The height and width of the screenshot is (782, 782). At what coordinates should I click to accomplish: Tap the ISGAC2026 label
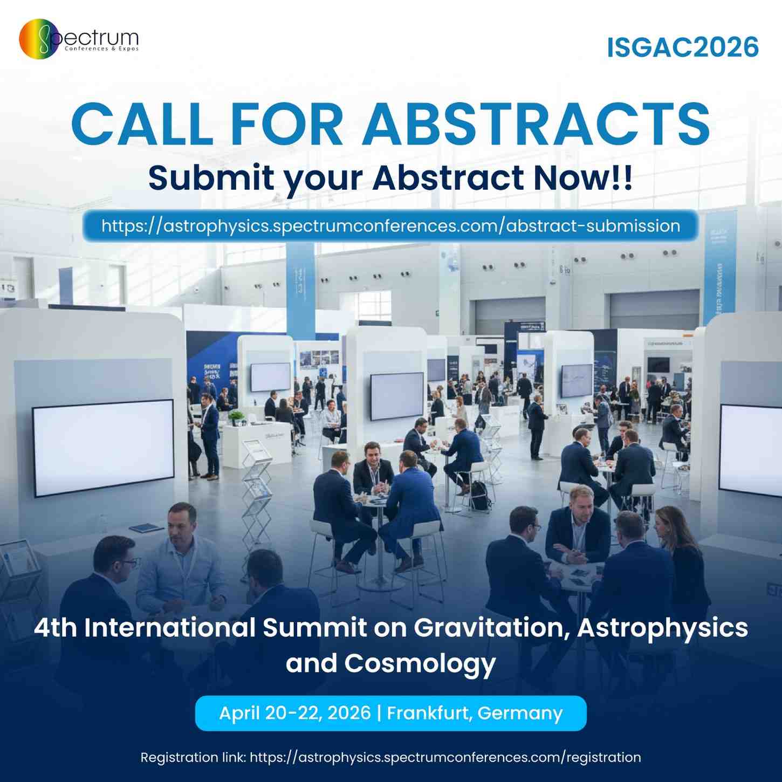click(x=683, y=47)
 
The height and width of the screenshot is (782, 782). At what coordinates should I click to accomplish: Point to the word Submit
click(x=211, y=178)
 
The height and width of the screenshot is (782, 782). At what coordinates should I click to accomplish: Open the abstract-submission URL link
click(x=390, y=226)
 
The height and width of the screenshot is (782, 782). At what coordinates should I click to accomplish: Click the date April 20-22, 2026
click(x=295, y=713)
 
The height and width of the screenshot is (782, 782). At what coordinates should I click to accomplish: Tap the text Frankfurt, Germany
click(x=475, y=713)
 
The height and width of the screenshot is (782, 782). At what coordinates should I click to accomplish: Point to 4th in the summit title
click(x=55, y=628)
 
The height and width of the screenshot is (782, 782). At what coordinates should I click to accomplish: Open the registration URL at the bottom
click(x=445, y=757)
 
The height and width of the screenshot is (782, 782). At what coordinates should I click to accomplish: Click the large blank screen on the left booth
click(x=103, y=448)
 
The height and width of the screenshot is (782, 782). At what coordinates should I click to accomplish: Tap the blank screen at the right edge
click(x=751, y=450)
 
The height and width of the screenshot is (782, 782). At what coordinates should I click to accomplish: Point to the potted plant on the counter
click(x=236, y=417)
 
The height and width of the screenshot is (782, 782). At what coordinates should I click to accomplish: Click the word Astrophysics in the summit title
click(x=662, y=628)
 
